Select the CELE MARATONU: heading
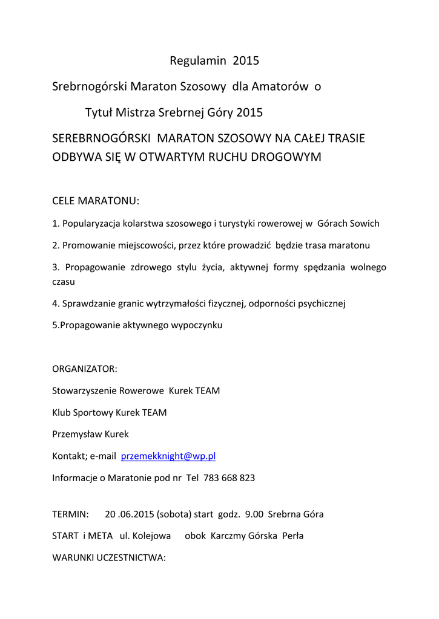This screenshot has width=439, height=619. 96,200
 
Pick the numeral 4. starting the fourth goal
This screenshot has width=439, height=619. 56,303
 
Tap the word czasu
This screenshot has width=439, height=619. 64,282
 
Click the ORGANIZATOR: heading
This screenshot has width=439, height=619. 85,369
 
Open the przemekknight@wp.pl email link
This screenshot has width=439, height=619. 168,456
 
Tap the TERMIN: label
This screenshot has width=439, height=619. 70,514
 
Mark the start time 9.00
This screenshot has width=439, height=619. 254,514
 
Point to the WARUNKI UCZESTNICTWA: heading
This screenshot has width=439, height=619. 108,558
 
